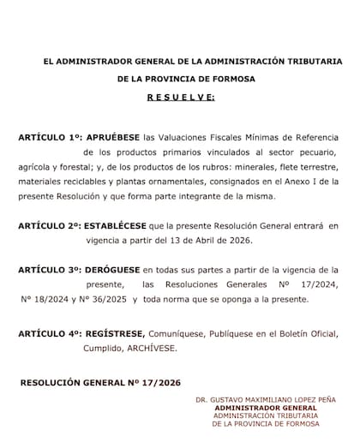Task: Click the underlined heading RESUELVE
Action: tap(179, 98)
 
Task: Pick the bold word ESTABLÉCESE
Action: tap(118, 226)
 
